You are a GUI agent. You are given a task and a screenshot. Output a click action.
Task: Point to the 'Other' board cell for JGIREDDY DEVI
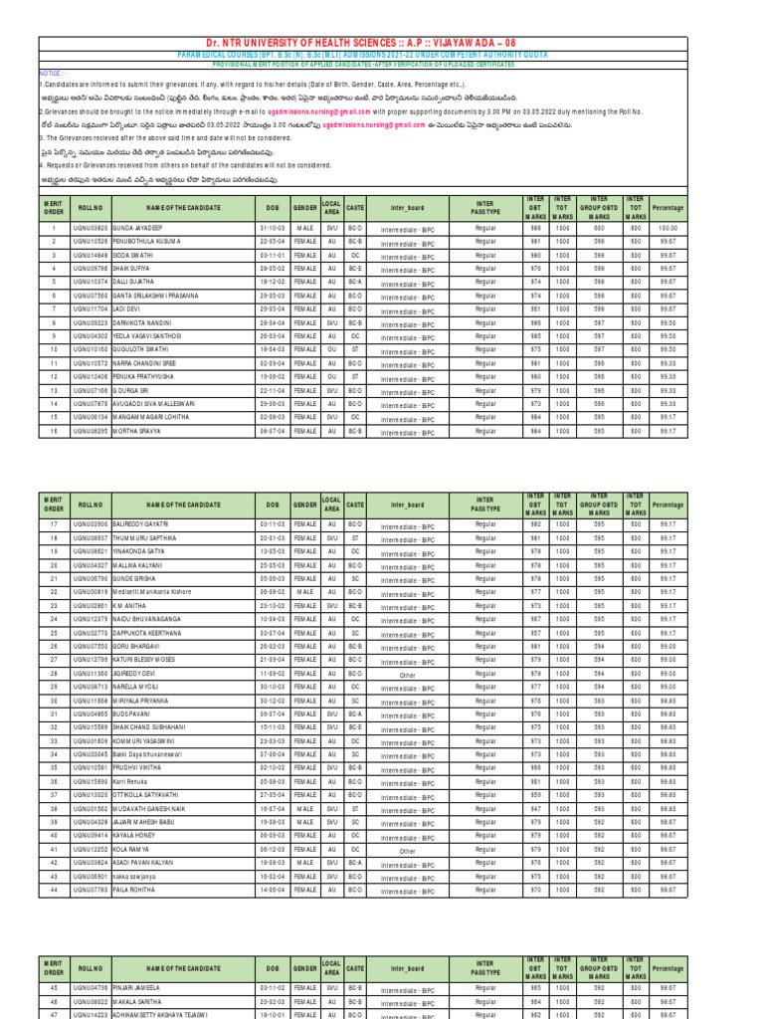[407, 675]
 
